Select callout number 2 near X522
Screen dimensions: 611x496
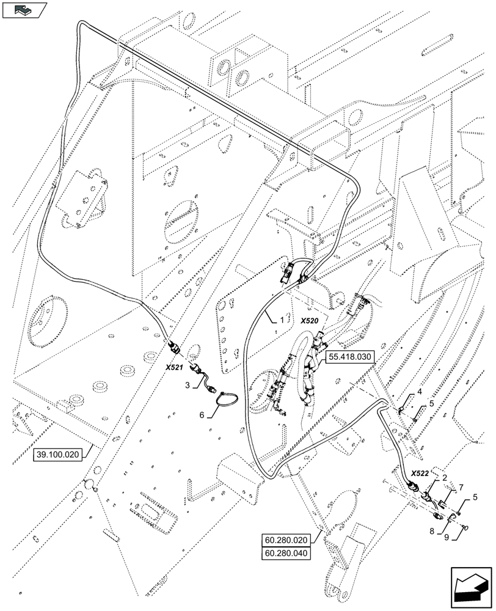tap(445, 478)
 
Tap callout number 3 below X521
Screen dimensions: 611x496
tap(188, 384)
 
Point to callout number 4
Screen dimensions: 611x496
tap(420, 391)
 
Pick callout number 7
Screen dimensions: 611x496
tap(462, 486)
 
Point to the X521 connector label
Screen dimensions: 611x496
tap(175, 367)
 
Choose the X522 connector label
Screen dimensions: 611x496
tap(420, 474)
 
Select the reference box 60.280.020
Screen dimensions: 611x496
tap(286, 540)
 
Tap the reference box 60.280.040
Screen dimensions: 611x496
tap(286, 553)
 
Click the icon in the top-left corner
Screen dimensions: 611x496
tap(24, 10)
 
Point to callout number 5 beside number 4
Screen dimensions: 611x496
tap(431, 403)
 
